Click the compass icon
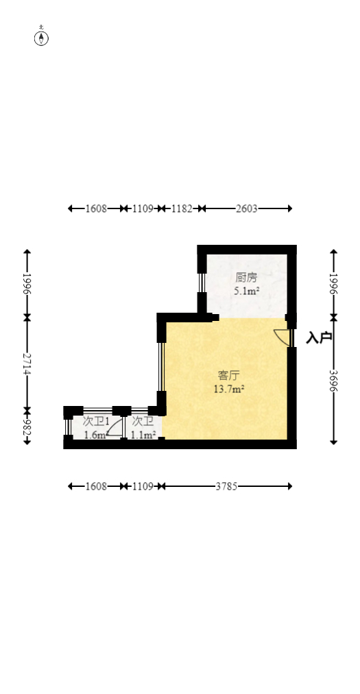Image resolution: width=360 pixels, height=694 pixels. [41, 38]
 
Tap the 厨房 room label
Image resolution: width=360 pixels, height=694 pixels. [245, 278]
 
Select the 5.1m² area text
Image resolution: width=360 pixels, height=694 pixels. [246, 291]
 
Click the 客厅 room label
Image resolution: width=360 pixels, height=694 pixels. [229, 376]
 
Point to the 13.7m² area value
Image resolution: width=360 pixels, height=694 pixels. [229, 389]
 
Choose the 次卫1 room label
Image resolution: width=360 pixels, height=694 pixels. [95, 421]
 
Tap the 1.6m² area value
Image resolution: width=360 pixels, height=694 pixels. [95, 435]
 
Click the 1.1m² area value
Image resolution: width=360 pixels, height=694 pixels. [143, 435]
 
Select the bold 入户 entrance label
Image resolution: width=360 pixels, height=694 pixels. [319, 337]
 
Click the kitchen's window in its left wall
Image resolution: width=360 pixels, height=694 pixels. [202, 283]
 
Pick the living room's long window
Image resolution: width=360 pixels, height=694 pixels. [161, 366]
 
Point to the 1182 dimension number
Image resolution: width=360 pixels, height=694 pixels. [182, 208]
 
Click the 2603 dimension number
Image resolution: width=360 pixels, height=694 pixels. [246, 208]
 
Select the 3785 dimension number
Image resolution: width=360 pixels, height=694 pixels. [226, 486]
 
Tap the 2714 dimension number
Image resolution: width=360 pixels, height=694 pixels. [27, 364]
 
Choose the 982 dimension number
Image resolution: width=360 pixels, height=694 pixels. [27, 426]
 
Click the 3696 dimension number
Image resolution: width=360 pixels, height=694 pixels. [334, 381]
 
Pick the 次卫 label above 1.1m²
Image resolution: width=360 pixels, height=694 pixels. [143, 421]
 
